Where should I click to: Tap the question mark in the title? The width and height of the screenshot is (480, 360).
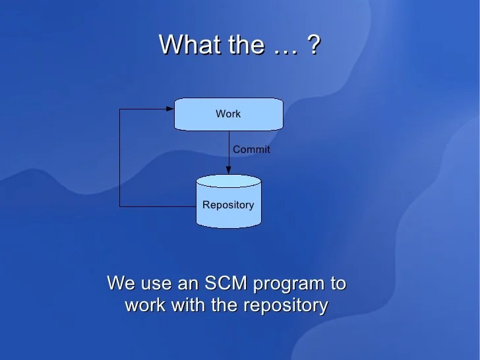point(314,45)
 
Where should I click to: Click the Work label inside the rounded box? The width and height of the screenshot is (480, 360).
point(228,114)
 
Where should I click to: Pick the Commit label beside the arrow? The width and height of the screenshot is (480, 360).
point(251,150)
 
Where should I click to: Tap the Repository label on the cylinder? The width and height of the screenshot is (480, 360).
point(228,205)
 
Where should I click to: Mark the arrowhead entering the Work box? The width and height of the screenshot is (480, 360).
point(169,109)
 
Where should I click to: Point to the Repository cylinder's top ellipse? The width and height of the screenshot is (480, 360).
point(229,181)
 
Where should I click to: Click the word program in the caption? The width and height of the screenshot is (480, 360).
point(287,285)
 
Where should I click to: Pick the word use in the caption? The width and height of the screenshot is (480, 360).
point(154,285)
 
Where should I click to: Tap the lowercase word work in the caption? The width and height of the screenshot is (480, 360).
point(146,306)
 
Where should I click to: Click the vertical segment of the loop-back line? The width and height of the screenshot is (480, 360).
point(119,158)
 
